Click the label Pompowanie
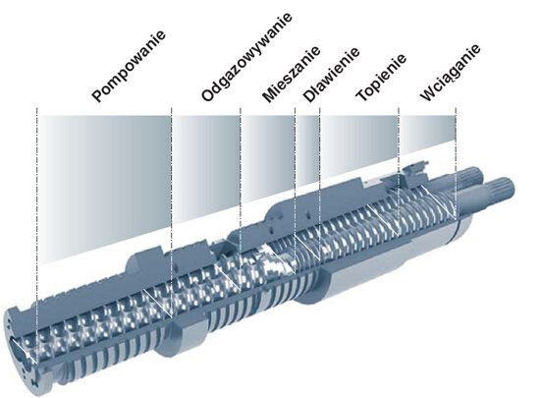click(129, 67)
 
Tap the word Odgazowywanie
click(246, 57)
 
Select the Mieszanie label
click(291, 75)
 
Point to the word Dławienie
click(331, 75)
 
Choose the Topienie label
click(381, 78)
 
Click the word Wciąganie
click(450, 73)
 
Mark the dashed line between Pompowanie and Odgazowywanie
click(172, 212)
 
